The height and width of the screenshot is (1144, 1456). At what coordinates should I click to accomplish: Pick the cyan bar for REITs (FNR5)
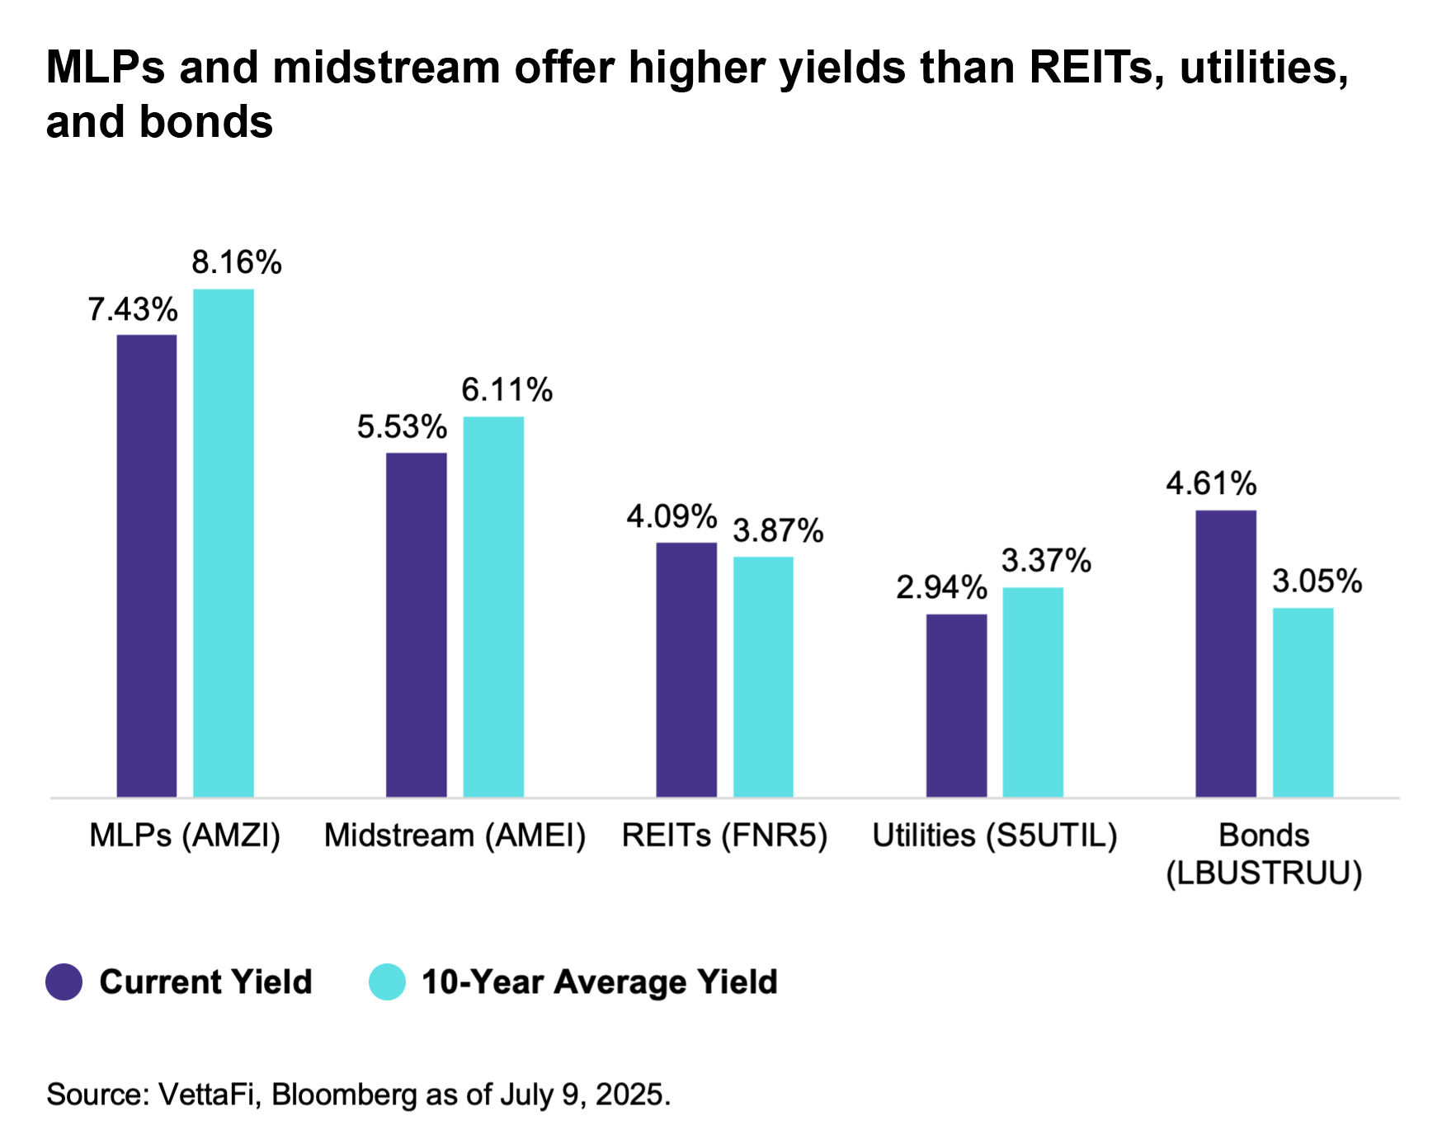coord(763,676)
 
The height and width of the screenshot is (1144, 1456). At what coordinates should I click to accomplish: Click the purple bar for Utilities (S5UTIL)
coord(956,705)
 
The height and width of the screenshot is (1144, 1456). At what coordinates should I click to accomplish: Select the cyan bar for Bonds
coord(1303,702)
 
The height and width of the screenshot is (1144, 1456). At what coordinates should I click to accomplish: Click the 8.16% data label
coord(237,263)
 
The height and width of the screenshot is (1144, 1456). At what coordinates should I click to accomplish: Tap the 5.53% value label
coord(402,427)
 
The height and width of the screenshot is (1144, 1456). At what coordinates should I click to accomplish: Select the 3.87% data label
coord(778,531)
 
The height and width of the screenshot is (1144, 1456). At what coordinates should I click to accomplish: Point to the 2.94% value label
coord(941,588)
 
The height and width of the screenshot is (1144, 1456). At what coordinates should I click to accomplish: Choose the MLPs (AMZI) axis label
coord(185,836)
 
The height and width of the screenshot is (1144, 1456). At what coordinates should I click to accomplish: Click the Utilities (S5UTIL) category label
coord(995,836)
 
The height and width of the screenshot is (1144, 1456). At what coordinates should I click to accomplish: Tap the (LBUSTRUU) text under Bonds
coord(1264,873)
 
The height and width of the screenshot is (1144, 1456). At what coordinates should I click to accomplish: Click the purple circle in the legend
coord(64,982)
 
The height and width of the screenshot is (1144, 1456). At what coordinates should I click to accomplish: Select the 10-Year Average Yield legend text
coord(600,982)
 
